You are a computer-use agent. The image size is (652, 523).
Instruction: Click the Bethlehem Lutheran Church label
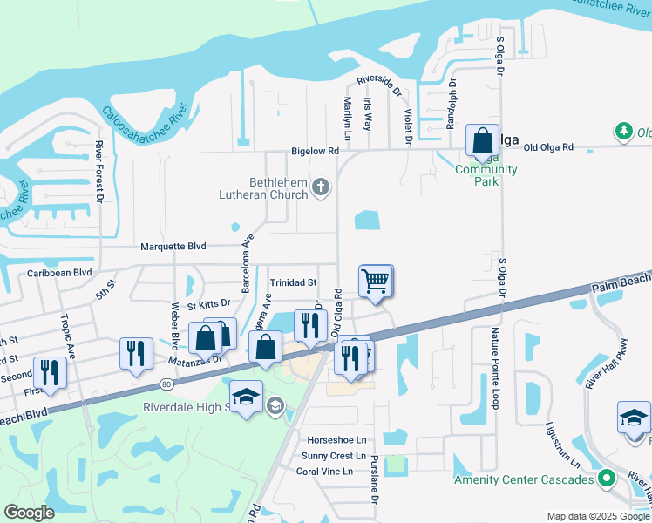click(266, 188)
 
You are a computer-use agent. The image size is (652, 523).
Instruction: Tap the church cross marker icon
click(321, 187)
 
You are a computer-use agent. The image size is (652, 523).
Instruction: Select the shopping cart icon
click(375, 281)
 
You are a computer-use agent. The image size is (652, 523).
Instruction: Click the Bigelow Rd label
click(315, 151)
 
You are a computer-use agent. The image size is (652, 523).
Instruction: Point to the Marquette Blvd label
click(173, 247)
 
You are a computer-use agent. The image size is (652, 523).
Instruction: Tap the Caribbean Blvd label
click(59, 272)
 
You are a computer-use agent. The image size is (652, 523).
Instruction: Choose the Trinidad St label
click(293, 282)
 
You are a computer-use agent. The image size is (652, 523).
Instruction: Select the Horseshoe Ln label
click(336, 439)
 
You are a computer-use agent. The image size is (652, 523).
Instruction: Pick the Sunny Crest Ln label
click(333, 456)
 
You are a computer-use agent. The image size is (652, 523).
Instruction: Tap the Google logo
click(29, 512)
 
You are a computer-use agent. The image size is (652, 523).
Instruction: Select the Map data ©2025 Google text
click(597, 516)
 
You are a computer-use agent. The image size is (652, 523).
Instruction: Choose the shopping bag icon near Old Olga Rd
click(482, 140)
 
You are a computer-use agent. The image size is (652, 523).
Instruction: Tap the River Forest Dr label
click(99, 173)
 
